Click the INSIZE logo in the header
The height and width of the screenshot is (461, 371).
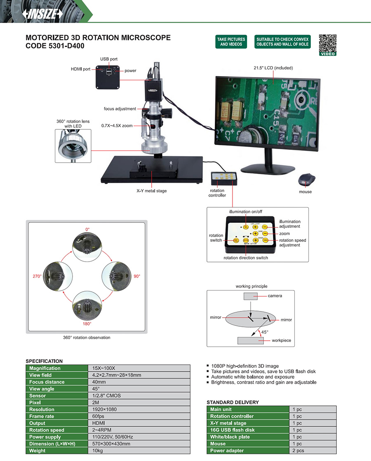[43, 13]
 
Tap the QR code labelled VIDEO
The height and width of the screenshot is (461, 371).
[328, 44]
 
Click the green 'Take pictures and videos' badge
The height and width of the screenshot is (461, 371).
[231, 42]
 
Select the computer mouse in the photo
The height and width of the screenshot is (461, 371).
[307, 180]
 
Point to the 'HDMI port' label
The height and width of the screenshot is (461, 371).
[80, 69]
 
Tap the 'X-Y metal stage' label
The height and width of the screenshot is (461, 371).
[152, 191]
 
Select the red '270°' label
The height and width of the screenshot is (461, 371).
[37, 276]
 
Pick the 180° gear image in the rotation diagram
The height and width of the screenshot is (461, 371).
[87, 305]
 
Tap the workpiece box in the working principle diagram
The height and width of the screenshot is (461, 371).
[250, 341]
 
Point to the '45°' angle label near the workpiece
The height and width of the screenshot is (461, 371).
[265, 332]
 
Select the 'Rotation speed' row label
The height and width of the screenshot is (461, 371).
[47, 430]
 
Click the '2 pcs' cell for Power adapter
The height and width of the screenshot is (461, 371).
[298, 451]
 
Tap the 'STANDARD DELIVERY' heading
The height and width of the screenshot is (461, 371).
[232, 402]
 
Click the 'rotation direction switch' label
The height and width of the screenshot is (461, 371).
[246, 258]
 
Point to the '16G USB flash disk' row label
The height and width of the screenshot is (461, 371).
[232, 430]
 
